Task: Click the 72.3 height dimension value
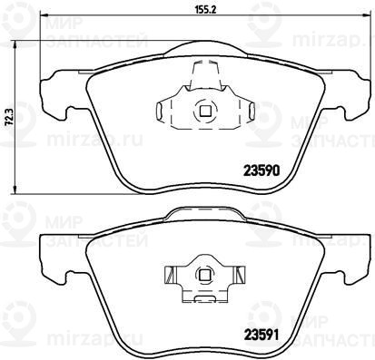[10, 118]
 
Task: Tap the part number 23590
[262, 171]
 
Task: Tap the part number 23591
[262, 335]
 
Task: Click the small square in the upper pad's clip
[205, 112]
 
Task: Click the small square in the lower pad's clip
[205, 275]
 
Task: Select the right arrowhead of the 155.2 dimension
[367, 15]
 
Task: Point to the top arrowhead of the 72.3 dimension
[15, 45]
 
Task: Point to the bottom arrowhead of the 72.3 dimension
[15, 190]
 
